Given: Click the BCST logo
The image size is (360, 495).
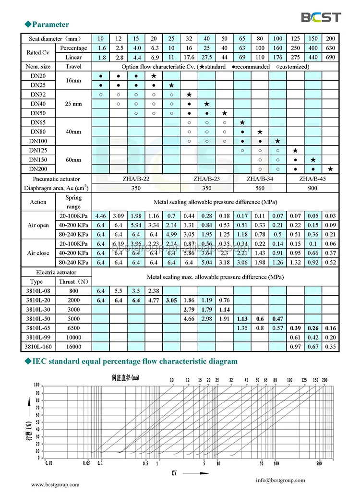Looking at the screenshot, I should coord(321,17).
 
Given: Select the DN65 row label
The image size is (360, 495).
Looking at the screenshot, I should coord(37,122).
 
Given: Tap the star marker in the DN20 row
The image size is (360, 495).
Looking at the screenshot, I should coord(154,76).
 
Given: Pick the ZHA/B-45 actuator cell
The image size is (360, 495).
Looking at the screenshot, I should coord(312,179).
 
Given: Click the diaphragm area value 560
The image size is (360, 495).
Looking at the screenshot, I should coord(259,188).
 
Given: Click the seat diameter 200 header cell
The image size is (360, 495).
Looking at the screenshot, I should coord(330,38).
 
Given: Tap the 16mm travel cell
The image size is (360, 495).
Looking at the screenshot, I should coord(73,81).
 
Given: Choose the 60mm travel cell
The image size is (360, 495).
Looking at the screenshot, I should coord(73,159).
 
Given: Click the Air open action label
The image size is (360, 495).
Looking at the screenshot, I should coord(38,225).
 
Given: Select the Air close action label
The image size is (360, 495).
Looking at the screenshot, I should coord(38,253).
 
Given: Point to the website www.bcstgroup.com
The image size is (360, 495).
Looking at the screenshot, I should coord(55,485).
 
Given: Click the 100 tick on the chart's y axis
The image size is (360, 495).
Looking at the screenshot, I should coord(36,385).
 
